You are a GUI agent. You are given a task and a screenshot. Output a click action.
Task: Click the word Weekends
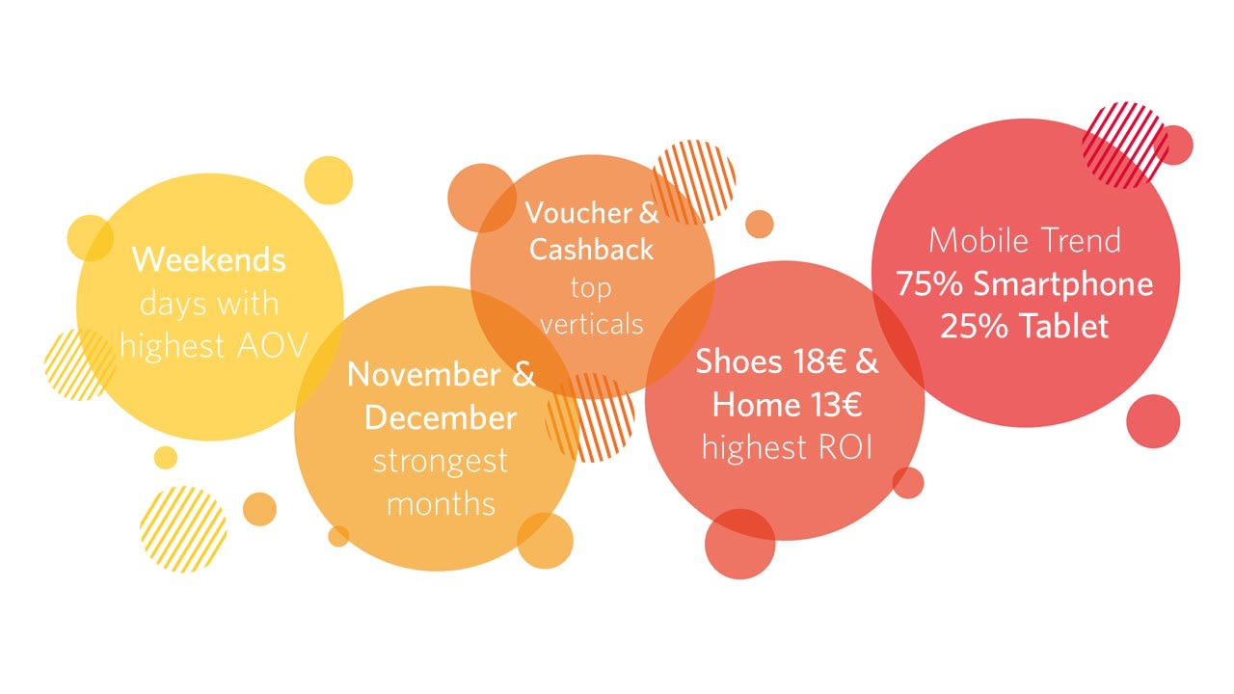click(x=209, y=259)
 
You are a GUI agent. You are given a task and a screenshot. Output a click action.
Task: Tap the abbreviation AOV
click(x=272, y=346)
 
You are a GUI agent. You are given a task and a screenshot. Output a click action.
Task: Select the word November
click(x=424, y=375)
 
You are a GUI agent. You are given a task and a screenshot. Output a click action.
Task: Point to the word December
click(x=441, y=417)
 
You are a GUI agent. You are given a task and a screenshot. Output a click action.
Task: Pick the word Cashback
click(x=591, y=249)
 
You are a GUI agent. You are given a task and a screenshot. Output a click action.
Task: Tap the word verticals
click(x=592, y=324)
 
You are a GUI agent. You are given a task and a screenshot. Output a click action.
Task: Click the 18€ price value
click(x=819, y=361)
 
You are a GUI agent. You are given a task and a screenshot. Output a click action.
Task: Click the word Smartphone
click(x=1063, y=285)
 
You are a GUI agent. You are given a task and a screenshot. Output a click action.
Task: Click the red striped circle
click(x=1124, y=145)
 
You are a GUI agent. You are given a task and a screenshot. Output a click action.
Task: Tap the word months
click(x=441, y=503)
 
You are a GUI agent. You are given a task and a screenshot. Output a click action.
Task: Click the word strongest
click(x=441, y=462)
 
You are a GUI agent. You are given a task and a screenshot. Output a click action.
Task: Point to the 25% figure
click(x=974, y=326)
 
